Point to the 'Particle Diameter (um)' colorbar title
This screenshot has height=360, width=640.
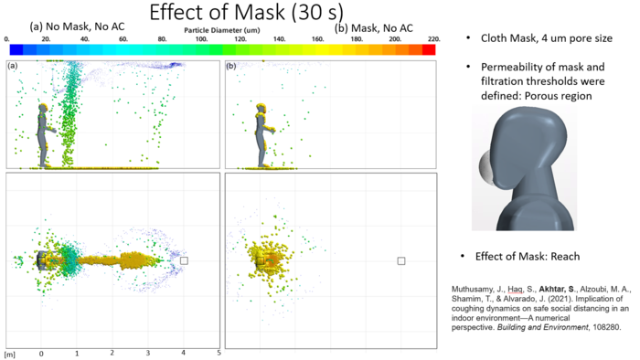point(222,30)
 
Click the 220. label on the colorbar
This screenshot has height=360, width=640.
point(432,39)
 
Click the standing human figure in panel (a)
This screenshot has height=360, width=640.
point(42,135)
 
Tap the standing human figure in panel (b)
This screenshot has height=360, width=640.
point(261,135)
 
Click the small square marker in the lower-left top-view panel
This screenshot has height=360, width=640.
point(184,260)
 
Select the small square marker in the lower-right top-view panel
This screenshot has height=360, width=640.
point(401,260)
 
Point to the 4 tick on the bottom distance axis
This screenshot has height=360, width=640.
point(184,326)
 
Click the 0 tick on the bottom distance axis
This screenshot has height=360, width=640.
point(41,326)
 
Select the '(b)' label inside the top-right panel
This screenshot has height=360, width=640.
point(231,67)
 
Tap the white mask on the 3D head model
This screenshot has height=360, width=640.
point(484,167)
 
